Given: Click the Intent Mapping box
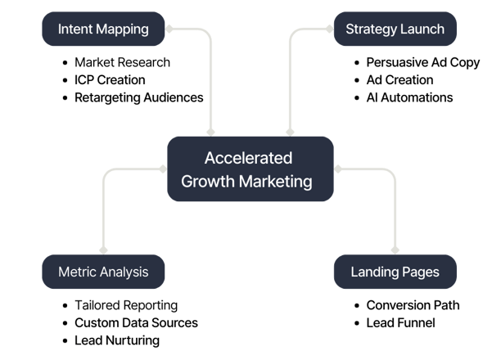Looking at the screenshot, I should [x=103, y=29].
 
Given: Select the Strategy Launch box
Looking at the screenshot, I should [x=395, y=29].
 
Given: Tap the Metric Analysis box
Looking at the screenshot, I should [x=103, y=272].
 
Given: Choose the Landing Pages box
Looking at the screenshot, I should [x=395, y=272].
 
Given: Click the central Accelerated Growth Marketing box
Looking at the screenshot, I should [x=250, y=169].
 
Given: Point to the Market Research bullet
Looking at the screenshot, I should [x=122, y=62].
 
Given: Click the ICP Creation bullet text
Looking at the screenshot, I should [x=110, y=80].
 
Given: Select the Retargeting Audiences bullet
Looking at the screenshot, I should [x=138, y=97].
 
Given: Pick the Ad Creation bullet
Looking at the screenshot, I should [x=399, y=80].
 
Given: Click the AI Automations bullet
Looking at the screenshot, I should [x=409, y=97].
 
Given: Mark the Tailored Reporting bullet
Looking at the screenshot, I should [x=126, y=305].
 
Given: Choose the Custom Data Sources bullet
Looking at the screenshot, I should [x=136, y=322].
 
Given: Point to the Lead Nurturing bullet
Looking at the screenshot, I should [x=117, y=340].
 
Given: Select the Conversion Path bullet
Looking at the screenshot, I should [x=413, y=305].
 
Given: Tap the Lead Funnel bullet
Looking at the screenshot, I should [x=400, y=322].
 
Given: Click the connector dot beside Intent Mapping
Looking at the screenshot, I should [x=169, y=29].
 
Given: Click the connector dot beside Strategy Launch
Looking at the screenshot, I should [x=330, y=29].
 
